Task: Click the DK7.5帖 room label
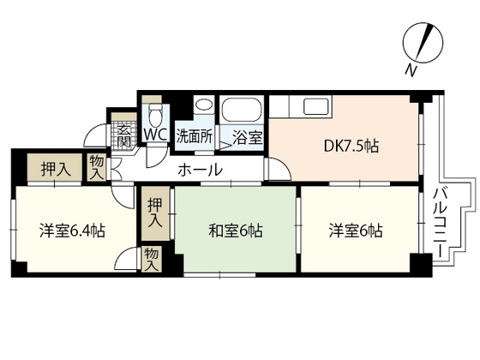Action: (x=351, y=147)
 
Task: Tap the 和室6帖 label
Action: (x=236, y=230)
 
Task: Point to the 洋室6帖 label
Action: (x=356, y=230)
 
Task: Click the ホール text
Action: (x=200, y=170)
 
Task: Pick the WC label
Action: (x=155, y=135)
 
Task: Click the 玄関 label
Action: (x=124, y=135)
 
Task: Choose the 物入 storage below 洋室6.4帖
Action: (x=151, y=259)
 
